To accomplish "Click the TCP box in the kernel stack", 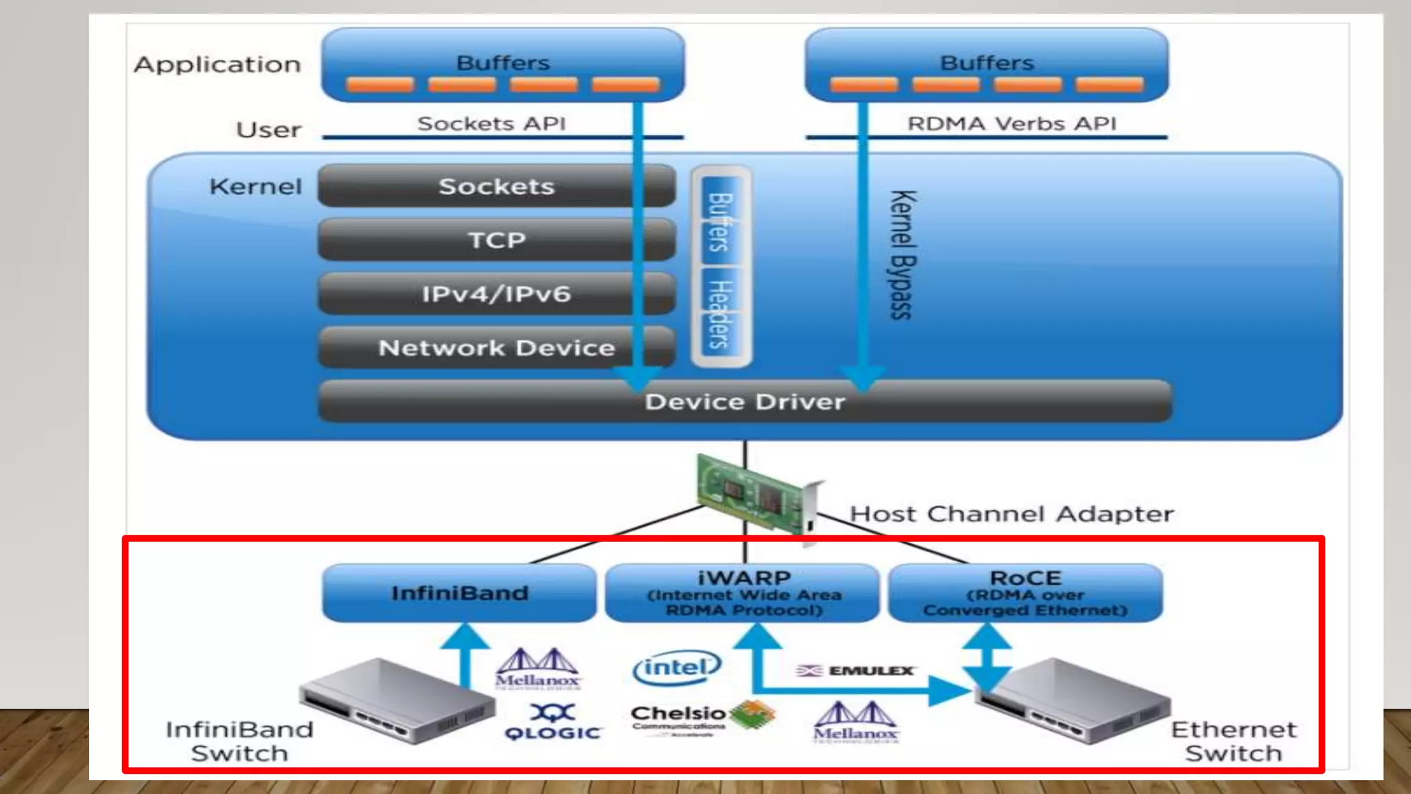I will click(x=496, y=240).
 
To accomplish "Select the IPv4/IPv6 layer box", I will click(x=496, y=294).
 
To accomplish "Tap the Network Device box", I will click(x=496, y=347).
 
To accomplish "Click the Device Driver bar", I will click(x=744, y=401).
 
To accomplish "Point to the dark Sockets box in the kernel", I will click(x=496, y=186).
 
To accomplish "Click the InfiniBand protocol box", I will click(x=460, y=593).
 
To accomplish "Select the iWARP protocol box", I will click(x=743, y=593).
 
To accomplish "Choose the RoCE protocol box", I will click(x=1025, y=593).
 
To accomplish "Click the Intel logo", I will click(x=677, y=667).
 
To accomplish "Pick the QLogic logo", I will click(x=553, y=722).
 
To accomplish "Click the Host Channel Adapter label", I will click(x=1011, y=514).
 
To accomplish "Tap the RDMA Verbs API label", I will click(x=1011, y=123).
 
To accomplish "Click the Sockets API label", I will click(x=491, y=123).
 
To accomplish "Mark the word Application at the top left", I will click(x=218, y=64).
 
